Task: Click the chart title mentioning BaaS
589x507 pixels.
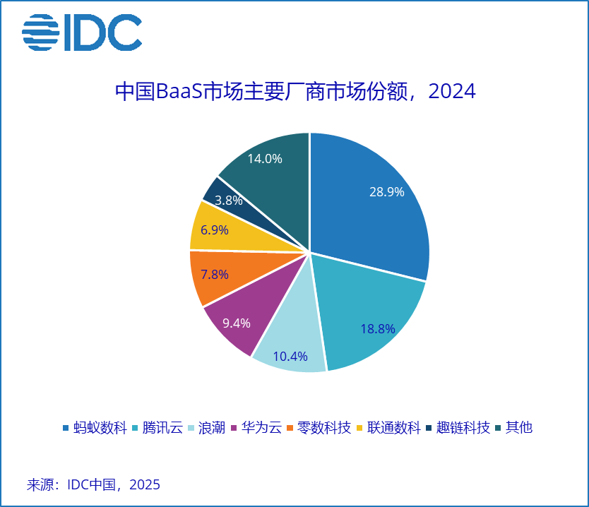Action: click(294, 93)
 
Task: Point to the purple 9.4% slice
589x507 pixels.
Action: click(237, 321)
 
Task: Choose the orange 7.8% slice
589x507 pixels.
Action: click(214, 275)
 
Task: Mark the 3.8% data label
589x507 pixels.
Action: click(229, 201)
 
